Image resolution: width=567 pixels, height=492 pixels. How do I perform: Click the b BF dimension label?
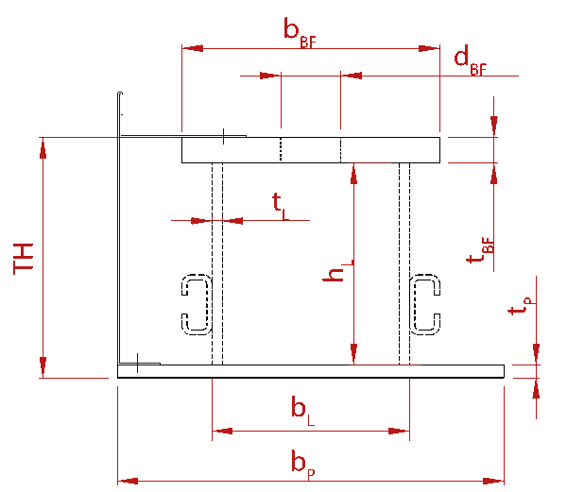300,32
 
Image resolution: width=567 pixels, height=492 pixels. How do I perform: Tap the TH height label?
23,259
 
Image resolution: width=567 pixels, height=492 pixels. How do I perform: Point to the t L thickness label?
281,207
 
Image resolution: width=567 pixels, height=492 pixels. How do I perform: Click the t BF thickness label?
480,250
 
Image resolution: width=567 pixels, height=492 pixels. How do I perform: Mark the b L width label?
302,411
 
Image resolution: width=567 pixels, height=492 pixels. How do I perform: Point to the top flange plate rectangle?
311,150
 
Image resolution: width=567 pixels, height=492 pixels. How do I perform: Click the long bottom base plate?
311,371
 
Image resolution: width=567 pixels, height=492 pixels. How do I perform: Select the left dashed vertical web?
217,263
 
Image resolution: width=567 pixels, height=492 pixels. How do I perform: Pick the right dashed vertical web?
404,263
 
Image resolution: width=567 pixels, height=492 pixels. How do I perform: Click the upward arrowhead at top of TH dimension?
43,149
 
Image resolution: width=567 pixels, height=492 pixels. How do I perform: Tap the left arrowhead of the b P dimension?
128,481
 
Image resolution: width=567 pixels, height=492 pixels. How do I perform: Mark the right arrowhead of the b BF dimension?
429,48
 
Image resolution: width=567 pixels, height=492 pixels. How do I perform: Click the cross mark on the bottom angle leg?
137,363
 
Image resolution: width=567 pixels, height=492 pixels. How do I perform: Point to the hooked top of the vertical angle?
120,93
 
